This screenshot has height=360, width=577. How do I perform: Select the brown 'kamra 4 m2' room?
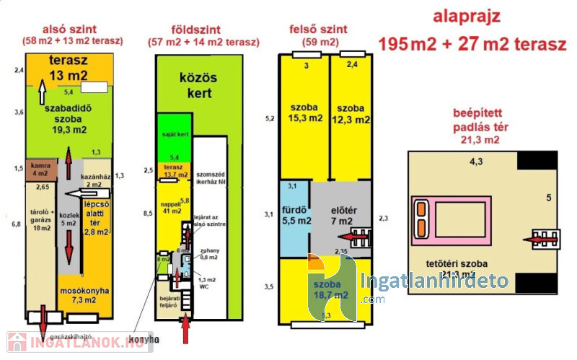[x=40, y=169]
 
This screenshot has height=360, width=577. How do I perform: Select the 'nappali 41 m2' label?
[x=171, y=207]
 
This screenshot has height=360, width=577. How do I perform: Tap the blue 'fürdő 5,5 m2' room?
[x=295, y=216]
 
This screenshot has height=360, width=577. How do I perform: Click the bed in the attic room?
[x=438, y=217]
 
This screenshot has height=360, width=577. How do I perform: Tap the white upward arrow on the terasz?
[x=42, y=92]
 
